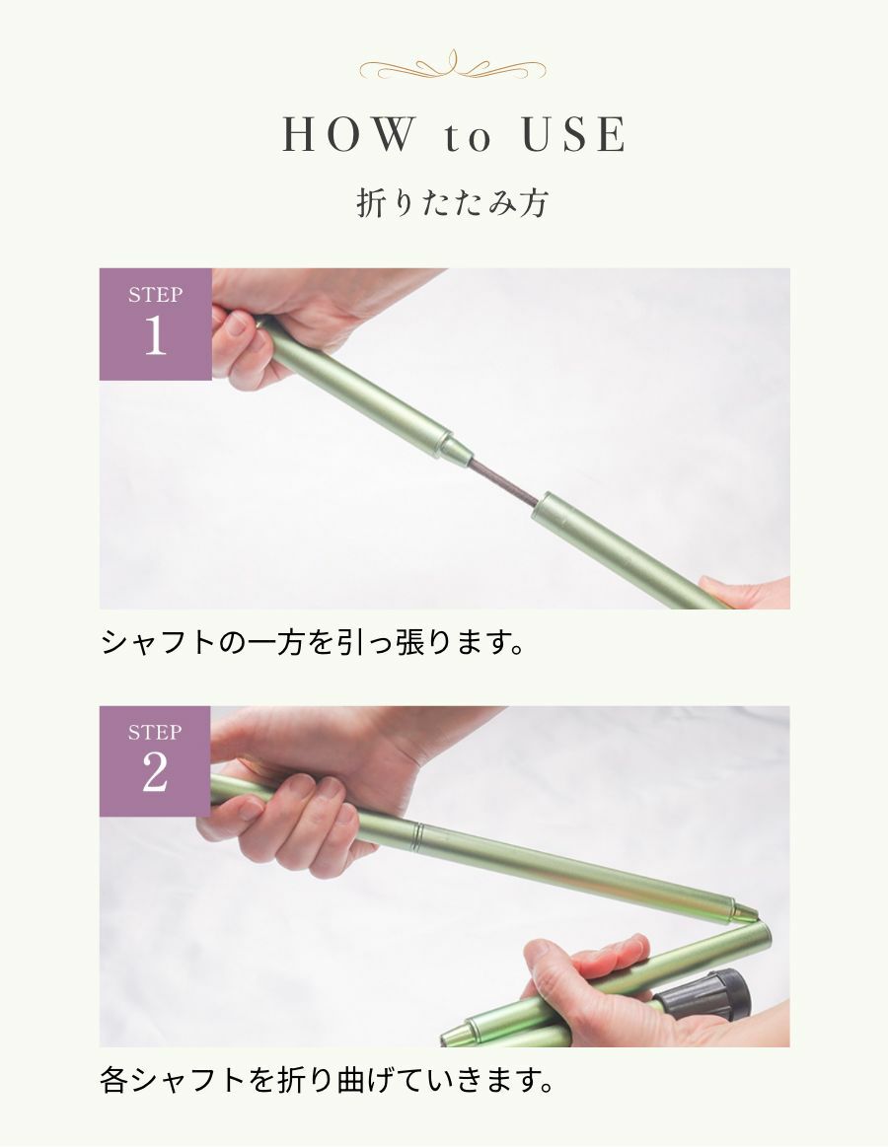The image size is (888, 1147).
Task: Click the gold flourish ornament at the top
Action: tap(453, 66)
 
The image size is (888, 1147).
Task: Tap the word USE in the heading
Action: tap(574, 134)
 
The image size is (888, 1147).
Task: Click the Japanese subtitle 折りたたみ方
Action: tap(452, 202)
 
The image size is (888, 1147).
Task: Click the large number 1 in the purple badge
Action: tap(155, 336)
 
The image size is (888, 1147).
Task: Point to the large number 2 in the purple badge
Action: tap(155, 772)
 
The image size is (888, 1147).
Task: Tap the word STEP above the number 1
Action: tap(155, 295)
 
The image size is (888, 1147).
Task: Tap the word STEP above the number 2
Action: tap(155, 732)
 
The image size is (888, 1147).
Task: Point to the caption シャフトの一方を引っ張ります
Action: tap(313, 643)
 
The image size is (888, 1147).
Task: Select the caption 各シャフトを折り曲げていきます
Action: tap(327, 1080)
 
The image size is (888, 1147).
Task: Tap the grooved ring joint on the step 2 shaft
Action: tap(416, 836)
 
